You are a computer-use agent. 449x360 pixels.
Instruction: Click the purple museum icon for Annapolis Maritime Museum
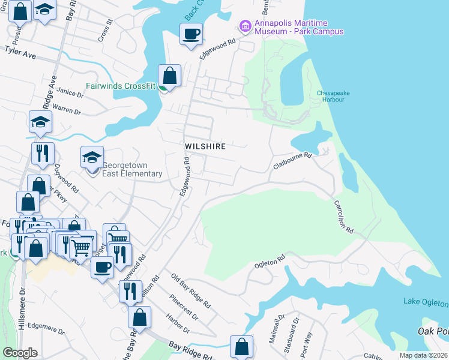tap(245, 26)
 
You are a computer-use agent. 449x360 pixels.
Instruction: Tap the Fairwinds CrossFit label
tap(121, 86)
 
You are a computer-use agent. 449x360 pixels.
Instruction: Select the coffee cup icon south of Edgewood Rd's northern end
tap(191, 34)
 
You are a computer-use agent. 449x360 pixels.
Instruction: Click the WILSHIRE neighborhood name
tap(205, 146)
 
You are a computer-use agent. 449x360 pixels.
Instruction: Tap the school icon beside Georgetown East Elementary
tap(92, 158)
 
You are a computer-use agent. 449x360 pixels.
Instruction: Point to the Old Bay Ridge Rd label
tap(190, 292)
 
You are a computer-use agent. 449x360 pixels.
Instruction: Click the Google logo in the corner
tap(20, 353)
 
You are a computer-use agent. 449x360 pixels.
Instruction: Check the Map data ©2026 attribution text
tap(424, 355)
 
